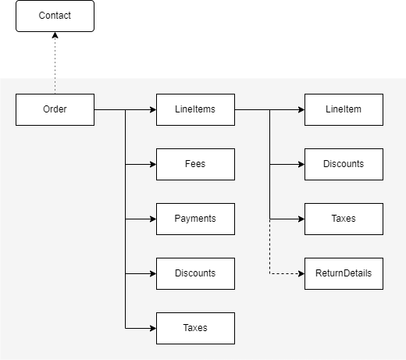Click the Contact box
click(x=55, y=16)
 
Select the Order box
click(x=55, y=109)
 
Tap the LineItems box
click(x=195, y=109)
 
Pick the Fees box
click(x=195, y=164)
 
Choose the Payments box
click(x=195, y=219)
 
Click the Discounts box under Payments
click(x=195, y=273)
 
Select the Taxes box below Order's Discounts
click(x=195, y=328)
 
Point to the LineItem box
click(x=344, y=109)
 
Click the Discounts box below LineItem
click(x=344, y=164)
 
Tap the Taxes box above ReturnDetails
click(x=344, y=219)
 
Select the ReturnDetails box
click(x=344, y=273)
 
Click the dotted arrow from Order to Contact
click(x=55, y=66)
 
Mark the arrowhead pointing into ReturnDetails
click(x=301, y=273)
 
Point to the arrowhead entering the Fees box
click(x=152, y=164)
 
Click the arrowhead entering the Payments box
click(x=152, y=219)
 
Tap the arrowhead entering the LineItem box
click(x=301, y=109)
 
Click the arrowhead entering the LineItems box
click(x=152, y=109)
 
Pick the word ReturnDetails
click(x=344, y=273)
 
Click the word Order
click(x=55, y=109)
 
